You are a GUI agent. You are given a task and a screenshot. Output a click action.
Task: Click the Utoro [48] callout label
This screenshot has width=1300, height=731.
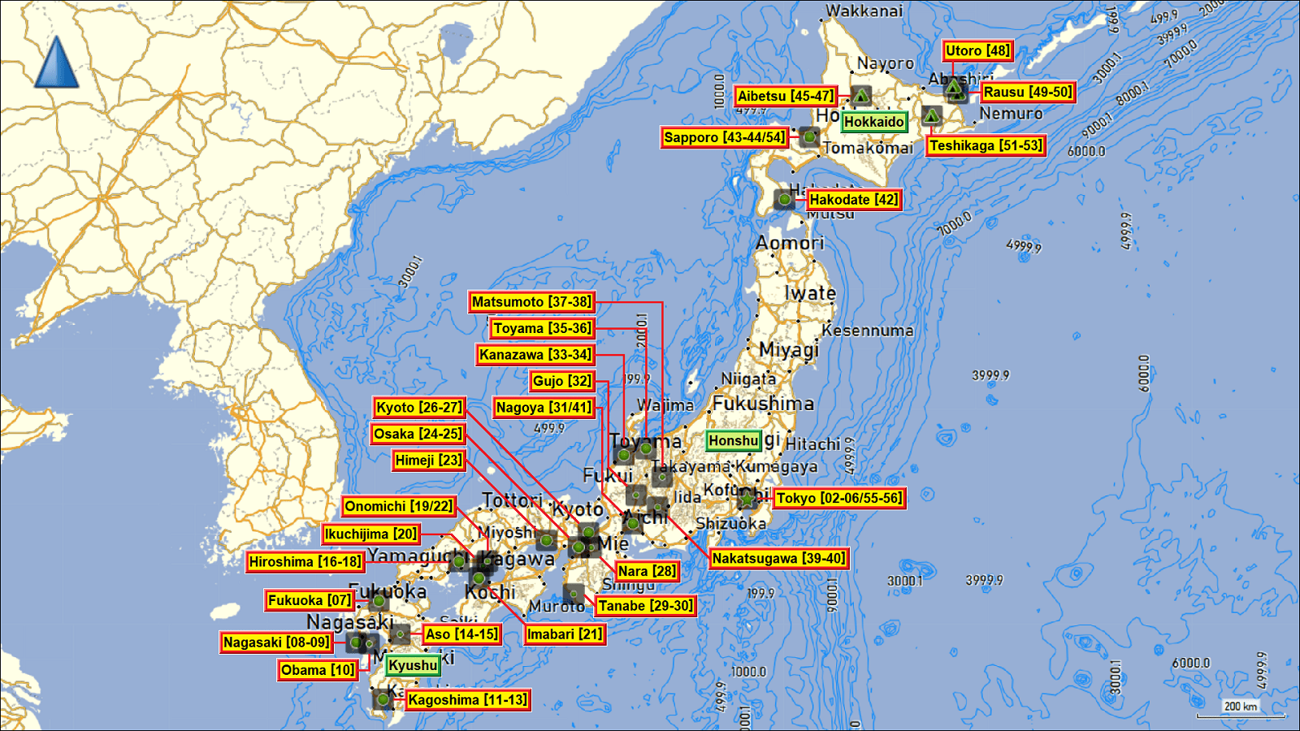pos(977,50)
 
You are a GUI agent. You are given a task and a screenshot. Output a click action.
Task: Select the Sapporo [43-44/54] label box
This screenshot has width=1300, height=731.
pos(725,137)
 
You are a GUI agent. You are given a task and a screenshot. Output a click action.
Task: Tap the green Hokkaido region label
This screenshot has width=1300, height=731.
pos(873,122)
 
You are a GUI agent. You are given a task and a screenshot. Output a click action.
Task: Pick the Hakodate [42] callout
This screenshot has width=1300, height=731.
pos(853,200)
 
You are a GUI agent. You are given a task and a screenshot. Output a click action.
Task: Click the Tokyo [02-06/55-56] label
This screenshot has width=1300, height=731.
pos(839,498)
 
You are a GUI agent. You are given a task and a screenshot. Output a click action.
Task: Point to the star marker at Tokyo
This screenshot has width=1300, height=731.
pos(746,499)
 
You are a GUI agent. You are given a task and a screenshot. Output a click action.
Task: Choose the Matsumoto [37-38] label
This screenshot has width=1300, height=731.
pos(531,302)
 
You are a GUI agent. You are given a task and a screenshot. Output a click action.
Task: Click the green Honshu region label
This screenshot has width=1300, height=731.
pos(733,441)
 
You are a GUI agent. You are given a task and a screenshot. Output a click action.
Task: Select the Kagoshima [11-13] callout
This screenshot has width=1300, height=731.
pos(467,700)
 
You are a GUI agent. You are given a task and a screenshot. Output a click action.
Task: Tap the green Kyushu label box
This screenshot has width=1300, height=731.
pos(413,665)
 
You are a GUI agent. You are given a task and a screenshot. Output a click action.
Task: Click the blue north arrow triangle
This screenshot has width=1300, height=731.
pos(56,63)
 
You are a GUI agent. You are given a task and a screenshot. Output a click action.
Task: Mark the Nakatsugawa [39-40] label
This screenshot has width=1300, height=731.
pos(778,559)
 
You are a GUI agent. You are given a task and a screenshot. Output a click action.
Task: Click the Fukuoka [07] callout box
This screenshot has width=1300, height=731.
pos(309,601)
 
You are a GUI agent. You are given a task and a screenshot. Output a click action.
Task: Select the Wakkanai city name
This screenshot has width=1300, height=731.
pos(864,11)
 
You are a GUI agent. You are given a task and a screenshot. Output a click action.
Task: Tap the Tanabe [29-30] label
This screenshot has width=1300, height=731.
pos(646,606)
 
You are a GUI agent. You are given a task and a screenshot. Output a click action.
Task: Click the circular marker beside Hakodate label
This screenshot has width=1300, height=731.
pos(784,199)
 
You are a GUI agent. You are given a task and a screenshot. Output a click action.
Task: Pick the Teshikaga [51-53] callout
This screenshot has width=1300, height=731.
pos(986,146)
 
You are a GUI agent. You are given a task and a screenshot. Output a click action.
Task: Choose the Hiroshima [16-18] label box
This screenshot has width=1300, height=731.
pos(305,562)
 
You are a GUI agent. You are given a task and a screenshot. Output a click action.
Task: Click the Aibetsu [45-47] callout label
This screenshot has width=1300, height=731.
pos(785,96)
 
